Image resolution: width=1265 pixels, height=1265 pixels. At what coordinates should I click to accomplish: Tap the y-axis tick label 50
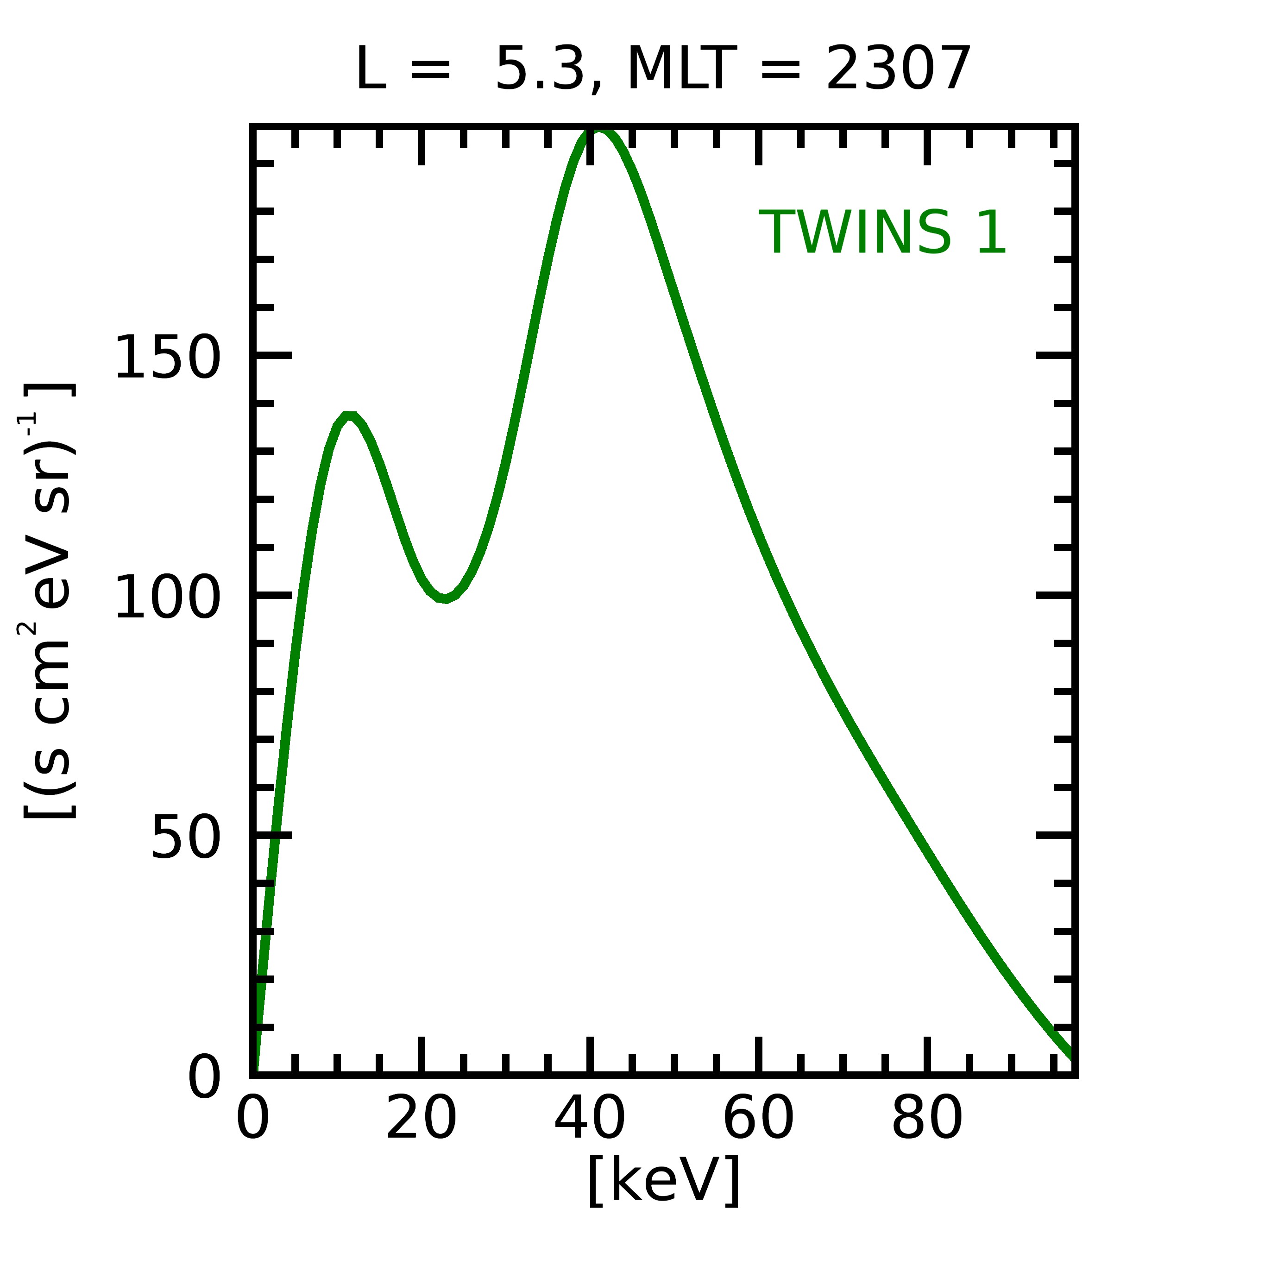coord(185,837)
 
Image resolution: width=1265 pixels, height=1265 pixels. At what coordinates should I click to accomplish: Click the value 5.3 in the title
coord(540,69)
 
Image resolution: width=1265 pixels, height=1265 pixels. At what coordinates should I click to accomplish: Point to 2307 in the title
coord(898,69)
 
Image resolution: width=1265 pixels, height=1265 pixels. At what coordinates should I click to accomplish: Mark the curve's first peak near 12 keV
coord(349,416)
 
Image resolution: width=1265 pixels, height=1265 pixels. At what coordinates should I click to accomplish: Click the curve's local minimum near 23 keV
coord(445,598)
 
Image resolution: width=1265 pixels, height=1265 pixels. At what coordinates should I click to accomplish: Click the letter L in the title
coord(370,69)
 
